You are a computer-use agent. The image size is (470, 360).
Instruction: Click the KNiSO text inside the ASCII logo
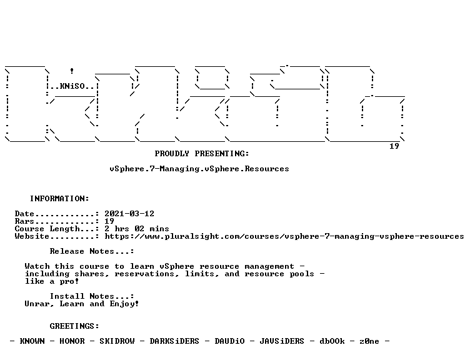click(72, 86)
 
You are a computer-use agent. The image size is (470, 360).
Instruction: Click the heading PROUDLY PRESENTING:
click(202, 154)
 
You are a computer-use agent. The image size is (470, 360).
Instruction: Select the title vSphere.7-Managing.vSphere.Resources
click(199, 169)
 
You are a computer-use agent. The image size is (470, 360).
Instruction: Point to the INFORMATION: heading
click(59, 198)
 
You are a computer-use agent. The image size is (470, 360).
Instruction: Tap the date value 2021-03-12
click(129, 213)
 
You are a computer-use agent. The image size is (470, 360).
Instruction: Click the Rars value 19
click(109, 221)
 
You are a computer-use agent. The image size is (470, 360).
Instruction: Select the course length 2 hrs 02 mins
click(137, 229)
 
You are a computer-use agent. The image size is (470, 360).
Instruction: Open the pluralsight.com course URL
click(284, 236)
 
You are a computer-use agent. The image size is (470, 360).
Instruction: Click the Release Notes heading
click(92, 251)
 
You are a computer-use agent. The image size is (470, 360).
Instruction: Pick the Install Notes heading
click(92, 296)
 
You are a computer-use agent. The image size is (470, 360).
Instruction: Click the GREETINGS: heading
click(74, 326)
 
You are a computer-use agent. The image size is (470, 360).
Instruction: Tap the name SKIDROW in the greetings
click(117, 341)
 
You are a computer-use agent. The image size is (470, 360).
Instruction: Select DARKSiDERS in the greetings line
click(174, 341)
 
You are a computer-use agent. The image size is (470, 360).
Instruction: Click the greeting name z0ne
click(369, 341)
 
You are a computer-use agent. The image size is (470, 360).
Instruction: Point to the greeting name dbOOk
click(332, 341)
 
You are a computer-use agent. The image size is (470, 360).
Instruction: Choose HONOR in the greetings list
click(72, 341)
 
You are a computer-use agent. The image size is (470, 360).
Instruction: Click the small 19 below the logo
click(394, 146)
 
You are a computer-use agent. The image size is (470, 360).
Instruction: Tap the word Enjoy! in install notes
click(124, 304)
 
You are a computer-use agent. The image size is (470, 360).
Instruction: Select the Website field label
click(32, 236)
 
